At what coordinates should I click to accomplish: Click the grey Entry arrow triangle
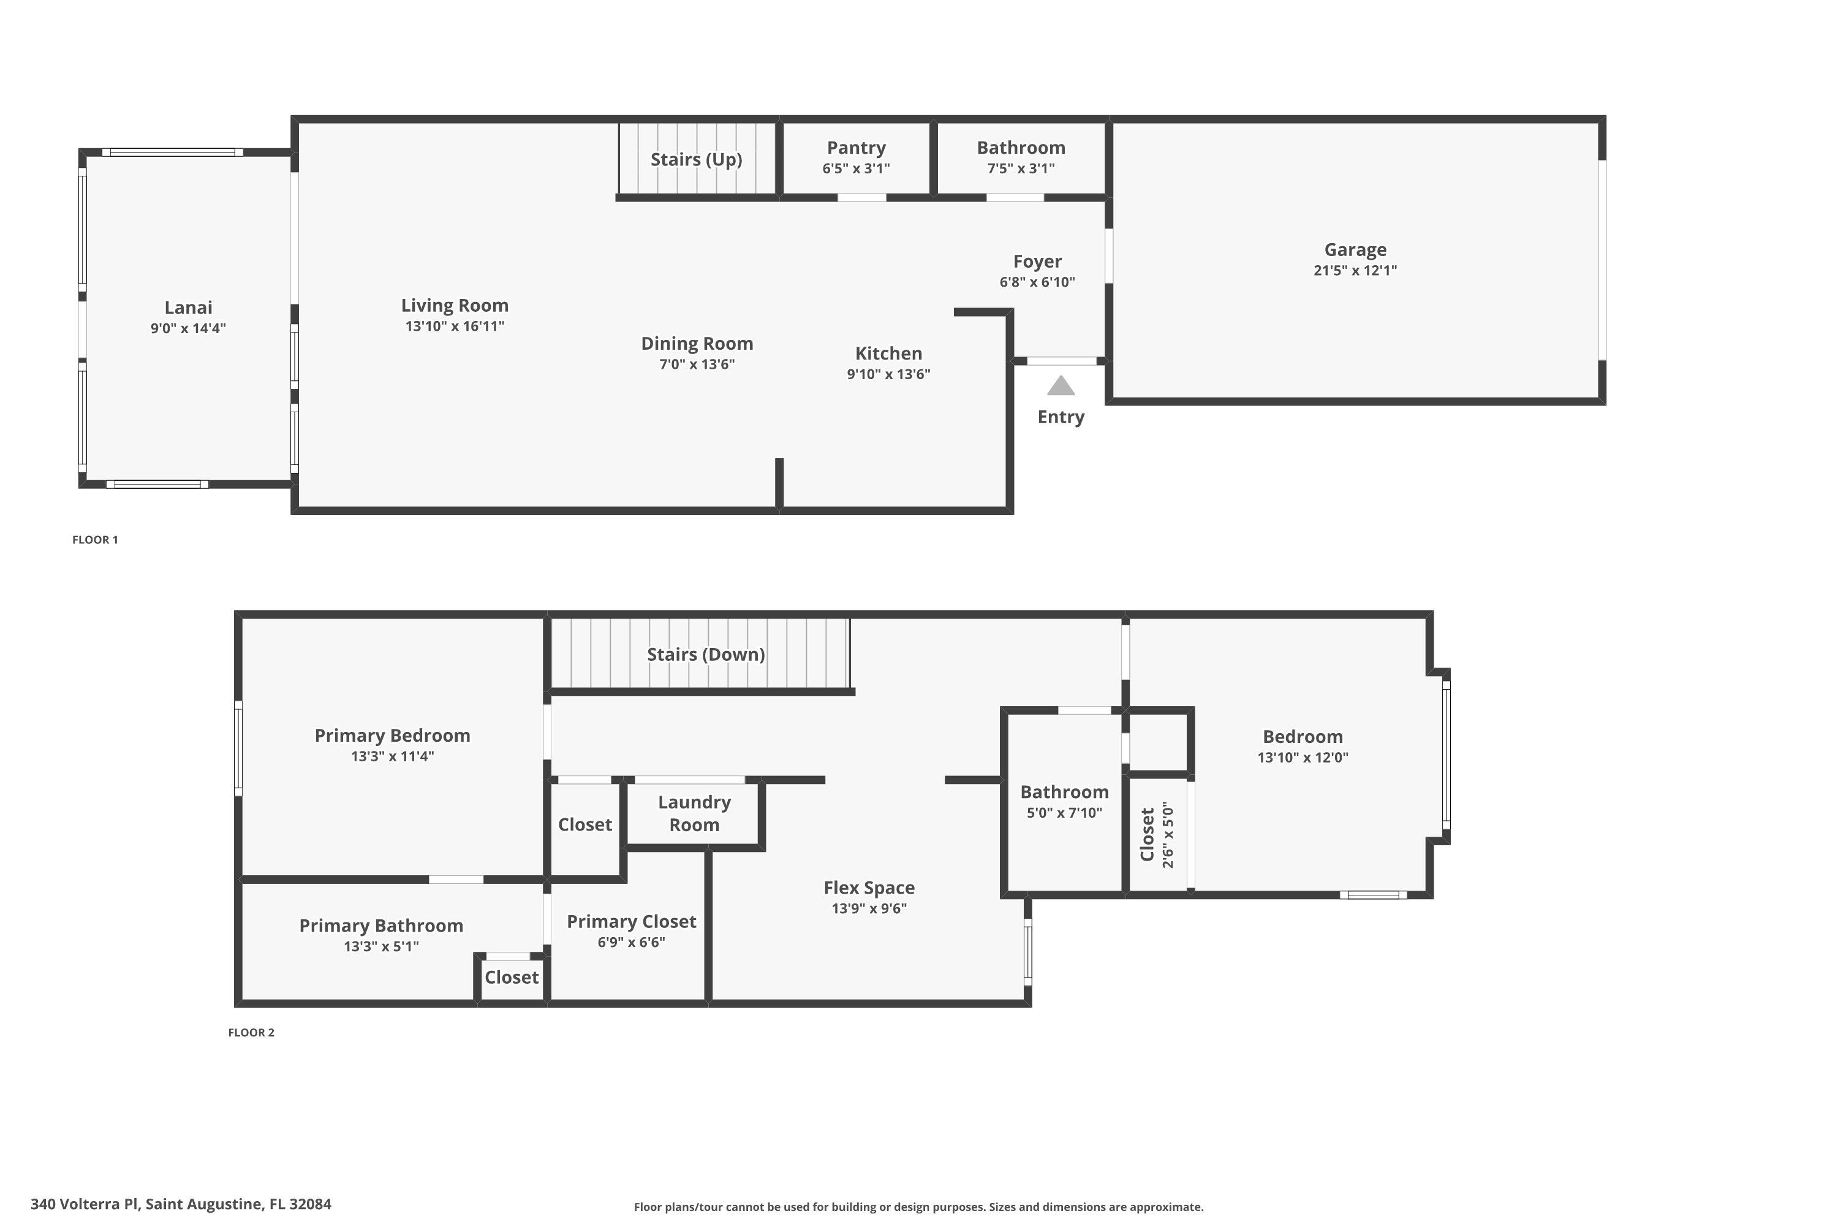pyautogui.click(x=1061, y=386)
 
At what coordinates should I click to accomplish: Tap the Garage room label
pyautogui.click(x=1355, y=250)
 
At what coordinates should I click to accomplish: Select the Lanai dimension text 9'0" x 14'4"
pyautogui.click(x=188, y=328)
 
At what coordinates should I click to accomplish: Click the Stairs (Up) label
pyautogui.click(x=696, y=159)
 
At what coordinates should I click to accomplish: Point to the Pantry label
pyautogui.click(x=856, y=148)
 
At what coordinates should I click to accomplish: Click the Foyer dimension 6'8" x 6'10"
pyautogui.click(x=1037, y=282)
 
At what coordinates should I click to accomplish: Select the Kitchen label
pyautogui.click(x=888, y=353)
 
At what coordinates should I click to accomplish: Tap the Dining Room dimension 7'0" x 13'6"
pyautogui.click(x=696, y=364)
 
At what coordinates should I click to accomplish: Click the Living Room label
pyautogui.click(x=455, y=306)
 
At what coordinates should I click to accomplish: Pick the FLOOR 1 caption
pyautogui.click(x=96, y=540)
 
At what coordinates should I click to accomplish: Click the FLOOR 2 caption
pyautogui.click(x=251, y=1032)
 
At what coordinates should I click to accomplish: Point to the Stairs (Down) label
pyautogui.click(x=706, y=655)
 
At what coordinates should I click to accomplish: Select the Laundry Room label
pyautogui.click(x=694, y=813)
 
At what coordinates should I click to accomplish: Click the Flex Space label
pyautogui.click(x=869, y=888)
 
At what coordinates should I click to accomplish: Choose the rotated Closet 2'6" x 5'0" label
pyautogui.click(x=1157, y=834)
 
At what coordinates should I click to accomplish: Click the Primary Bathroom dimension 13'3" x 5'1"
pyautogui.click(x=381, y=946)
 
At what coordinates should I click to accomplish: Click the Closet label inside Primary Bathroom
pyautogui.click(x=511, y=978)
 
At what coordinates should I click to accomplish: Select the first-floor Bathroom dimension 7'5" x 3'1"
pyautogui.click(x=1021, y=168)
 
